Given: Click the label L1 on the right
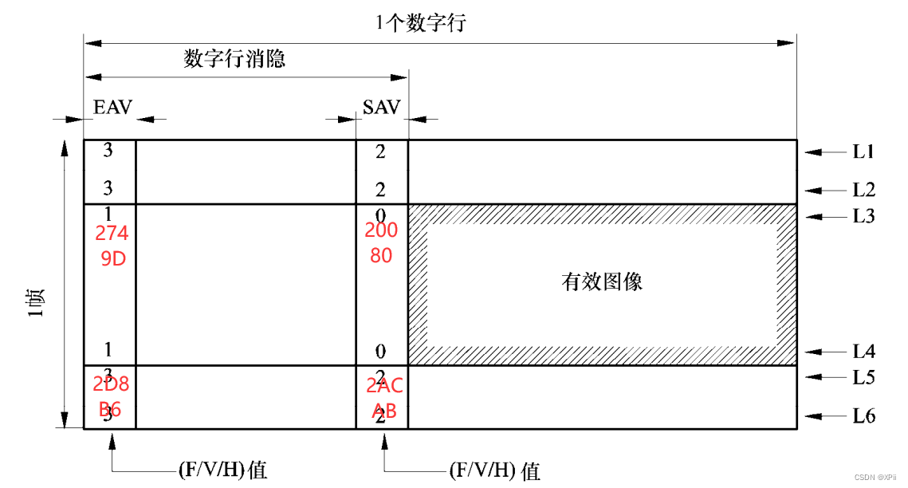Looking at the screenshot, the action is coord(864,151).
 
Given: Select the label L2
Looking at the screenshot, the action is coord(864,190).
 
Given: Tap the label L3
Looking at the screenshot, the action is coord(864,216).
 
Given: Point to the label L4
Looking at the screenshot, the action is coord(864,351).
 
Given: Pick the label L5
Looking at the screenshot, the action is coord(864,377).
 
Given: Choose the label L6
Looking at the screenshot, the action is coord(864,416).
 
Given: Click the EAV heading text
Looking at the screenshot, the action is coord(112,108).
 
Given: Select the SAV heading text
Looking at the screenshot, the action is coord(381,108).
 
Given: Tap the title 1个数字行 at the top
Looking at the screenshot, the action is coord(421,22).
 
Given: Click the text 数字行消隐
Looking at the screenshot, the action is coord(234,59).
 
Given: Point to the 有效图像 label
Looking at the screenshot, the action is coord(602,281).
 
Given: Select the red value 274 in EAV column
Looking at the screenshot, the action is coord(111,234).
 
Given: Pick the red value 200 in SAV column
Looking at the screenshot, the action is coord(381,231).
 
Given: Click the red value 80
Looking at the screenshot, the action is coord(380,257).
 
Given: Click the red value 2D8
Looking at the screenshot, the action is coord(111,384).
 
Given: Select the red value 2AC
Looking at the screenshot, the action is coord(384,387).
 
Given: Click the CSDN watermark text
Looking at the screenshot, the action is coord(875,477).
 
